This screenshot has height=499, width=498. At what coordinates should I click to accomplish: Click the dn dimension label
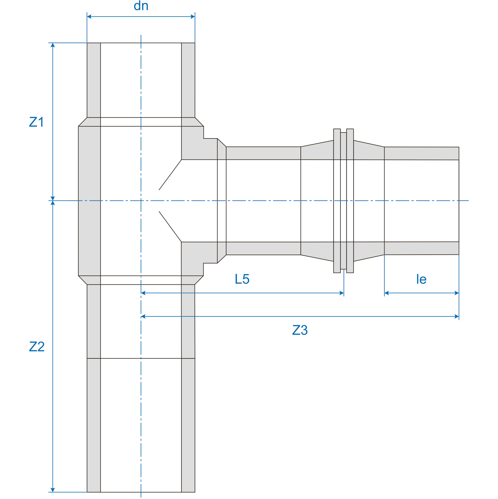(x=141, y=6)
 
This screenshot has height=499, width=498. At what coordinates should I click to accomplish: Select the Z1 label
(x=36, y=122)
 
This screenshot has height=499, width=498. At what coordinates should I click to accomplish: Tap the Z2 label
(x=37, y=347)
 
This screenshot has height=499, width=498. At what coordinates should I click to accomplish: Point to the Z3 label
(x=300, y=330)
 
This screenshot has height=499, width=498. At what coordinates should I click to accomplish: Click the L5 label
(x=242, y=279)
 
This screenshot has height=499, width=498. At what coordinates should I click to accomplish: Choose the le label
(x=421, y=279)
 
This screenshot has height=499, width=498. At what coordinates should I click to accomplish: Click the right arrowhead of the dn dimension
(x=193, y=17)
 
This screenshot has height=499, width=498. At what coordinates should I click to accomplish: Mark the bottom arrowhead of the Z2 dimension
(x=53, y=490)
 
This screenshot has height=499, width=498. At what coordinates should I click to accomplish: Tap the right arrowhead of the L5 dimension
(x=342, y=293)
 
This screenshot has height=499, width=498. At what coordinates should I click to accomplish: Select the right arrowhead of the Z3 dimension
(x=457, y=316)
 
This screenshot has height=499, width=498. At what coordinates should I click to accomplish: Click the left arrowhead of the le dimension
(x=386, y=293)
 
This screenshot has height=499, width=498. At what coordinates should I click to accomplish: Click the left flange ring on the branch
(x=337, y=201)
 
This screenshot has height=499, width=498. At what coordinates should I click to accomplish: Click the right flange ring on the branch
(x=350, y=201)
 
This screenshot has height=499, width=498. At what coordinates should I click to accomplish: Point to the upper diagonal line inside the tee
(x=170, y=175)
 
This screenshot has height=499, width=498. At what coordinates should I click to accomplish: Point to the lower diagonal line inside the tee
(x=170, y=227)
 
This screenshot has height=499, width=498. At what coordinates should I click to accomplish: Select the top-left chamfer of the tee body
(x=83, y=122)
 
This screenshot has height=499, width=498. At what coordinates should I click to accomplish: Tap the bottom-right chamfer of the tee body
(x=199, y=280)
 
